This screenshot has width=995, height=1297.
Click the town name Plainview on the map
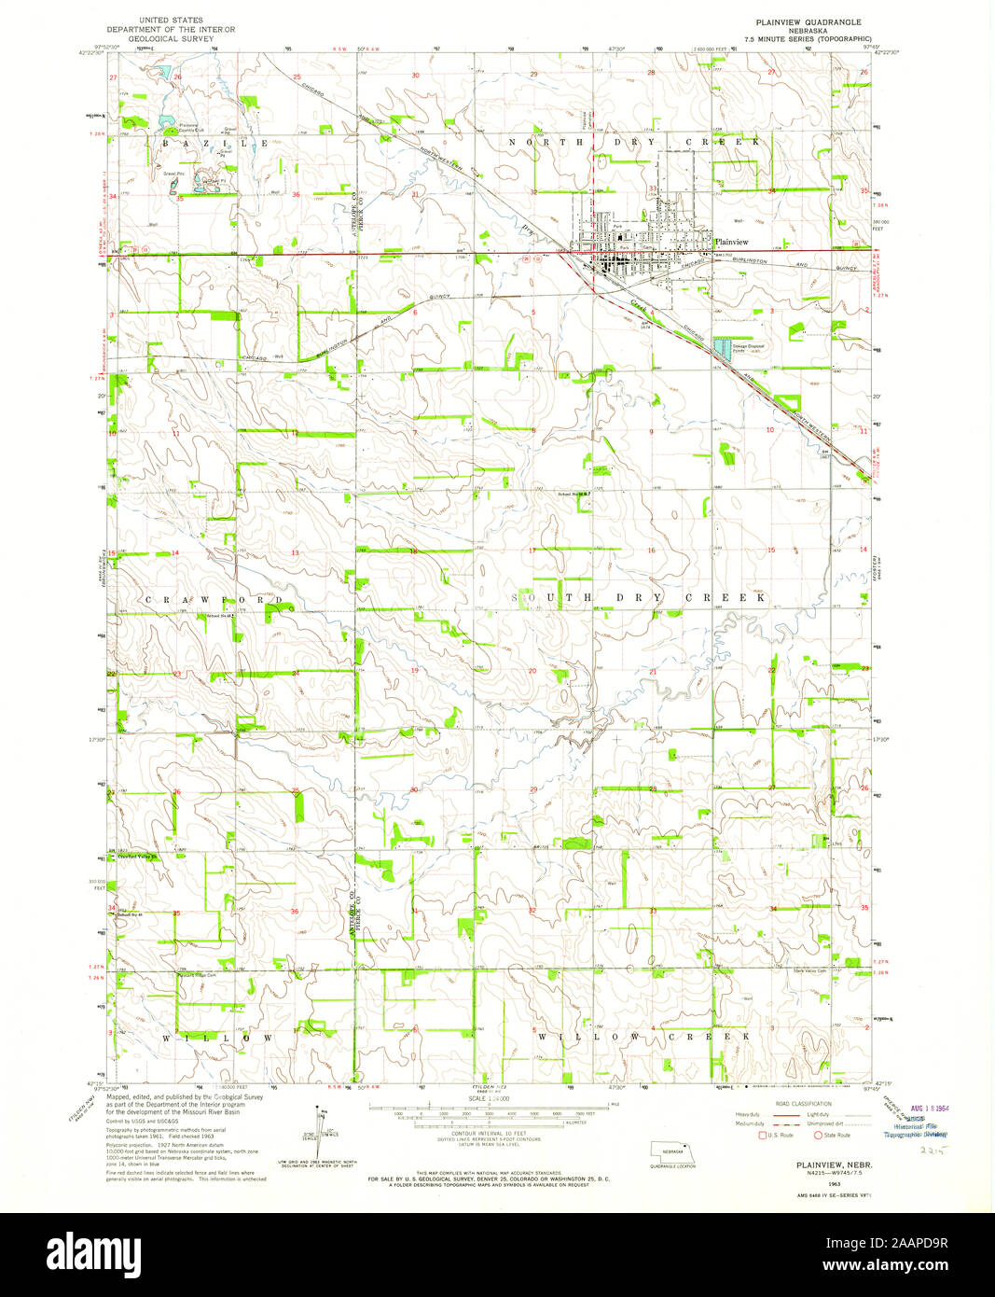(x=731, y=241)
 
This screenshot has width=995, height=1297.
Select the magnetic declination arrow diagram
(x=321, y=1125)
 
